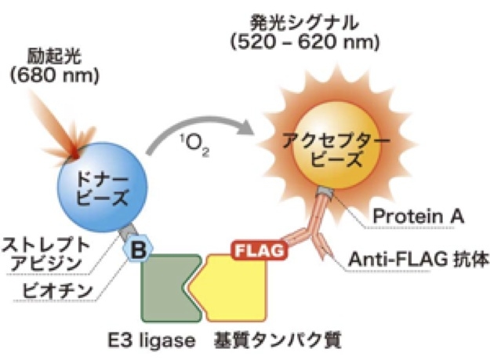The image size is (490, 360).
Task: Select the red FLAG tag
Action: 259,252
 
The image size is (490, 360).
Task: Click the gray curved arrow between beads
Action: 199,130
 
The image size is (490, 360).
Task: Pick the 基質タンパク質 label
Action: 269,342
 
